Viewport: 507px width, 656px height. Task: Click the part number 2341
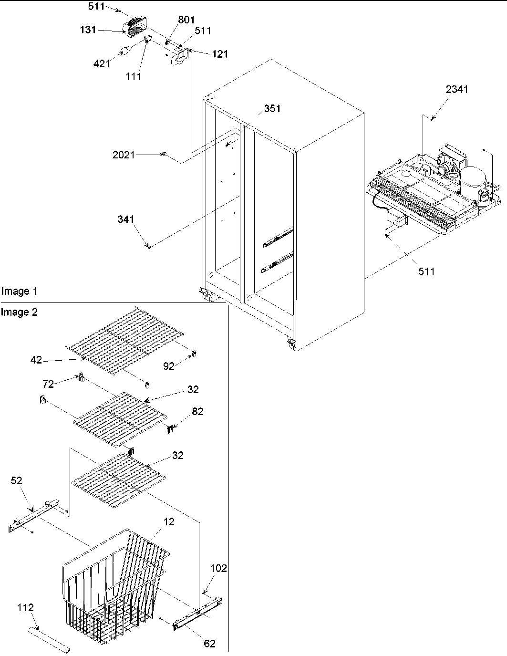coord(457,89)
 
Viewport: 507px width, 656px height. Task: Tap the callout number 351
coord(272,109)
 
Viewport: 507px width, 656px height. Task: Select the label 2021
coord(124,155)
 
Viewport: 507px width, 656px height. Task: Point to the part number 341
coord(126,219)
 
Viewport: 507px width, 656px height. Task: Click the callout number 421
coord(101,64)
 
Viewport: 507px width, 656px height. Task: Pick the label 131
coord(88,30)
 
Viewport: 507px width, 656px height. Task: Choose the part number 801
coord(173,21)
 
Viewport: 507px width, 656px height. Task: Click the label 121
coord(220,54)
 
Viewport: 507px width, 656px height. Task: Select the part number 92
coord(169,367)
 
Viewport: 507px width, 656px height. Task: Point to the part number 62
coord(209,644)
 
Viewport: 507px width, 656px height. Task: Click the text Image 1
coord(19,291)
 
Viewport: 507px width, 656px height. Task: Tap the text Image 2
coord(19,312)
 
